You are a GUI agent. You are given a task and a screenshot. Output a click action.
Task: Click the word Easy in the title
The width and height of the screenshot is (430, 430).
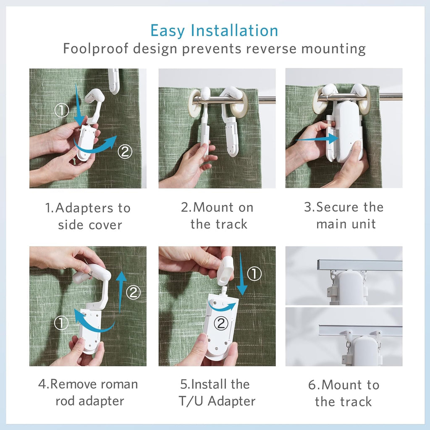pos(168,31)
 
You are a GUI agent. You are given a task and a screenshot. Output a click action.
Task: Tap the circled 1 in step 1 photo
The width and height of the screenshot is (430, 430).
pos(62,111)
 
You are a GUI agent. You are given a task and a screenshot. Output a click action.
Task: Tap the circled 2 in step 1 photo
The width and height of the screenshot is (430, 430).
pos(125,152)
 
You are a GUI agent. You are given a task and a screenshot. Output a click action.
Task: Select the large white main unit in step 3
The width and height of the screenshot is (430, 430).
pos(349,130)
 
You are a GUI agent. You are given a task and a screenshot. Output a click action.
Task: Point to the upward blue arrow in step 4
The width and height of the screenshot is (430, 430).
pos(121,290)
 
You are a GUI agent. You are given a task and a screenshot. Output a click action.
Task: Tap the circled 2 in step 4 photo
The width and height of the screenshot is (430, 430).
pos(133,292)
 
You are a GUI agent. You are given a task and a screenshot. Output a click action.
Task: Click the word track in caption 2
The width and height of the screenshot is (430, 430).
pos(230,224)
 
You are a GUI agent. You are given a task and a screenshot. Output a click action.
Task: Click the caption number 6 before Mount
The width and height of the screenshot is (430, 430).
pos(312,385)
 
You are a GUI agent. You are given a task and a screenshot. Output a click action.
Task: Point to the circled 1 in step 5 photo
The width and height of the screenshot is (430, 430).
pos(254,274)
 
